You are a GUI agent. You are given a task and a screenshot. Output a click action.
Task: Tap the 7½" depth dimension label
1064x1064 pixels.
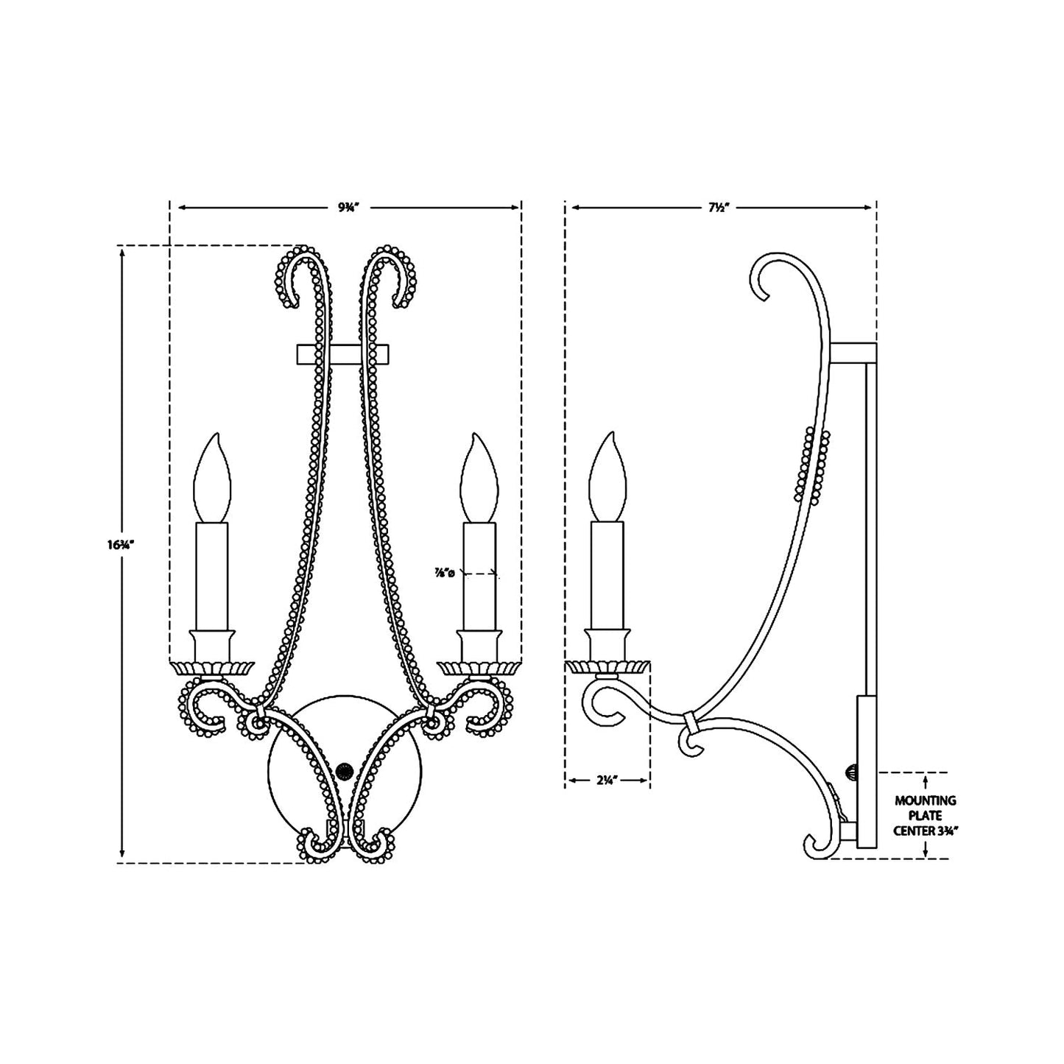tap(713, 208)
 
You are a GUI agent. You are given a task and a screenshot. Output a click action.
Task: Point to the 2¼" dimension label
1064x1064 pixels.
tap(606, 781)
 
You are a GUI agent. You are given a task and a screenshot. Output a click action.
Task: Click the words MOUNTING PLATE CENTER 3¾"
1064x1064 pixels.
tap(925, 815)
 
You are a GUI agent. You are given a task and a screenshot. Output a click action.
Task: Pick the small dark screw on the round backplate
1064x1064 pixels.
tap(343, 772)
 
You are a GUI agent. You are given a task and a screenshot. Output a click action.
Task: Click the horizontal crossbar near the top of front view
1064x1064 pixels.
tap(343, 354)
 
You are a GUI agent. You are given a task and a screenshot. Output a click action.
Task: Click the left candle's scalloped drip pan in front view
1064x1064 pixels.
tap(212, 667)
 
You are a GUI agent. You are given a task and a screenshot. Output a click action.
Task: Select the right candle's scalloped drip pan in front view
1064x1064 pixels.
tap(479, 667)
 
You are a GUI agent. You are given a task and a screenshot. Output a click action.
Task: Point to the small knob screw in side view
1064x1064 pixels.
tap(850, 772)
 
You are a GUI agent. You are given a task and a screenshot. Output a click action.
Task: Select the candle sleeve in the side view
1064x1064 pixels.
tap(607, 574)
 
